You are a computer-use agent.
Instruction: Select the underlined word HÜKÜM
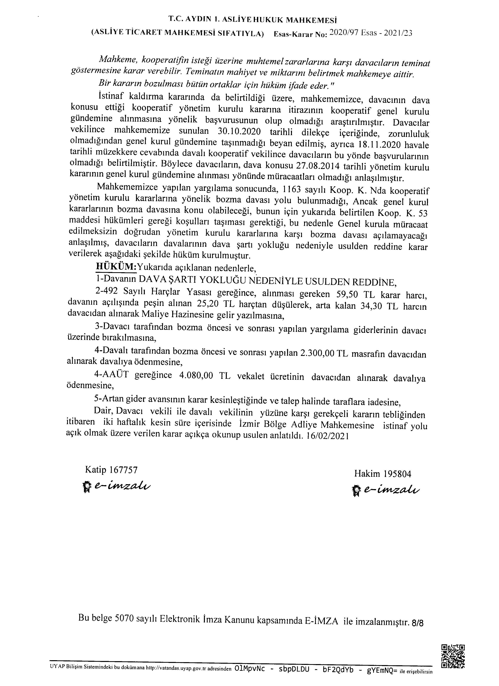[116, 267]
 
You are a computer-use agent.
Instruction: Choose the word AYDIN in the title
[197, 20]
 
